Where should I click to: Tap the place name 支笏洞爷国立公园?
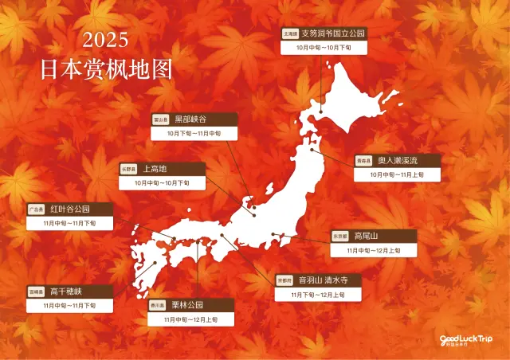click(333, 34)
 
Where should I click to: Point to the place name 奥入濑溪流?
click(395, 160)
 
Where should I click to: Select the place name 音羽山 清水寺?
click(328, 280)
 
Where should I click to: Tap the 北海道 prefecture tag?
click(290, 34)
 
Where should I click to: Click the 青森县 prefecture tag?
click(363, 160)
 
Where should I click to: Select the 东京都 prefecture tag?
click(340, 236)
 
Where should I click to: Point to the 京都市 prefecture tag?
click(284, 280)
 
